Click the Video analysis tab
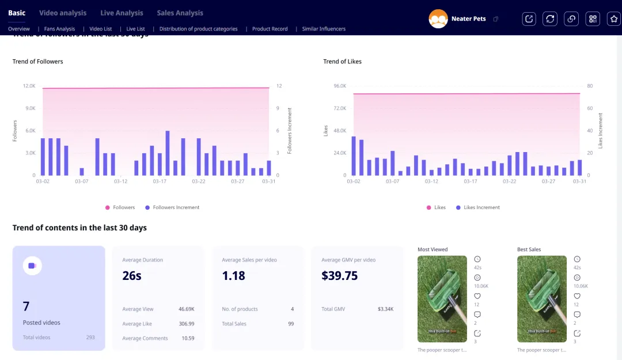click(x=63, y=13)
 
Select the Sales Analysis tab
click(x=180, y=13)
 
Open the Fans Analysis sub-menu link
click(x=59, y=29)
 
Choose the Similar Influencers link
click(x=324, y=29)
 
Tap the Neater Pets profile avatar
click(x=438, y=19)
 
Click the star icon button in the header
click(x=614, y=19)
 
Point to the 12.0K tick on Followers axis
click(x=29, y=86)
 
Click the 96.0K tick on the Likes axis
click(x=340, y=86)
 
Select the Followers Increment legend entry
click(x=172, y=207)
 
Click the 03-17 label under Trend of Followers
click(x=160, y=181)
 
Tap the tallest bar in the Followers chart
click(x=168, y=153)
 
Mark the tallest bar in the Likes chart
click(x=354, y=156)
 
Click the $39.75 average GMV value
click(x=340, y=276)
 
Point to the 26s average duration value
click(x=132, y=276)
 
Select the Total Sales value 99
click(x=291, y=324)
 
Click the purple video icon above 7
click(x=32, y=266)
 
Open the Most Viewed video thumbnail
click(x=442, y=299)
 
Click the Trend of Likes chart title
click(x=342, y=62)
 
